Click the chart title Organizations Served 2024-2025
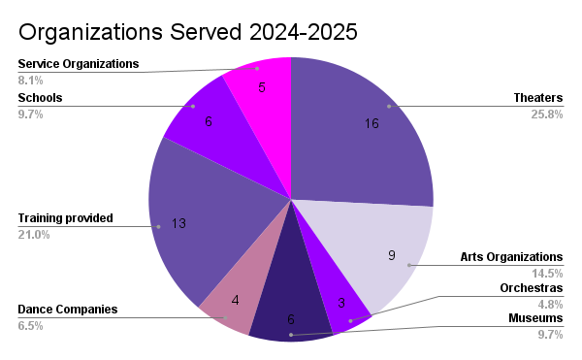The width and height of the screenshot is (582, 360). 188,31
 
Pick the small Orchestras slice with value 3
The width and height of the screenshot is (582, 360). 345,308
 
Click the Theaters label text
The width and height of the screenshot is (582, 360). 538,97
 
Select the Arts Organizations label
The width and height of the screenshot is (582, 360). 510,257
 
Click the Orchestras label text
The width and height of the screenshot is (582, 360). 531,288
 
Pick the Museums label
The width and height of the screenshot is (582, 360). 535,318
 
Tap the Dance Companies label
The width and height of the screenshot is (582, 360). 67,310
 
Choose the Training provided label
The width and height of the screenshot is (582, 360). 66,218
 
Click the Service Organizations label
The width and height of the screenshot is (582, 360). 79,64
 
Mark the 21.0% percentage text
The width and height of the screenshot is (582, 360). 33,235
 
